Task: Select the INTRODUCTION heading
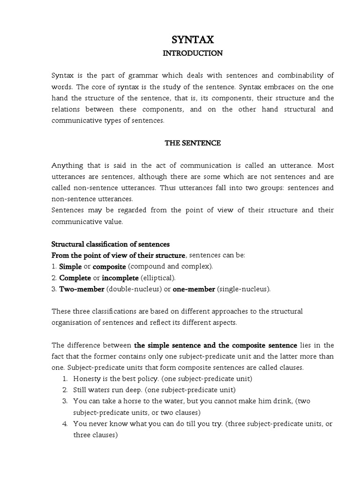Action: (193, 53)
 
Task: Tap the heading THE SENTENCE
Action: (193, 143)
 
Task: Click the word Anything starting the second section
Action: (67, 165)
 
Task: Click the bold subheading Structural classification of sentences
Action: (110, 244)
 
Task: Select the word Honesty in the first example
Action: (87, 379)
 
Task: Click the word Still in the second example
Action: (80, 390)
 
